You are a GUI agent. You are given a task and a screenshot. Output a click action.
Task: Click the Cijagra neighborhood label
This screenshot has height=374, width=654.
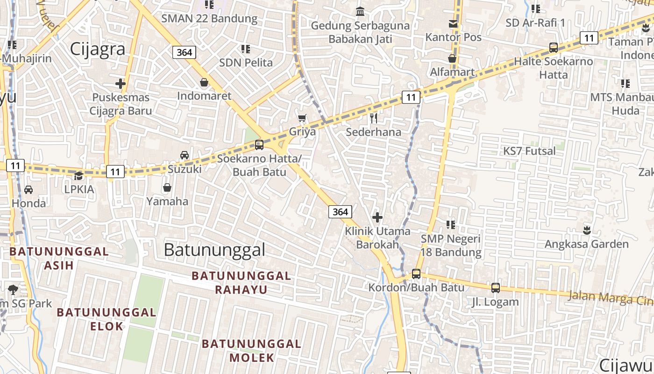click(x=98, y=49)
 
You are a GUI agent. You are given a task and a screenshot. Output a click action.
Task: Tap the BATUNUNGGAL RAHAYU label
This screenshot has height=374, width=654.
click(x=242, y=282)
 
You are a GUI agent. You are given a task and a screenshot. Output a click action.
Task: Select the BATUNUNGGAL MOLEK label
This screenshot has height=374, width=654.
click(x=251, y=351)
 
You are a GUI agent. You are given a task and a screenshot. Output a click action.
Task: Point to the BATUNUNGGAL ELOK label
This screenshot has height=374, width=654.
click(x=107, y=319)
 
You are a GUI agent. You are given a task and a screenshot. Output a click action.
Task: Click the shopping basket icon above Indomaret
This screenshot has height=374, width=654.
click(x=204, y=83)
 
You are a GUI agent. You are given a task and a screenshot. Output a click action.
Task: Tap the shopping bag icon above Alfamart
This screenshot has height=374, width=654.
click(x=452, y=58)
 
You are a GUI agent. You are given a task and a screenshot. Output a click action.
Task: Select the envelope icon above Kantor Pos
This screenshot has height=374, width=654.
click(x=453, y=24)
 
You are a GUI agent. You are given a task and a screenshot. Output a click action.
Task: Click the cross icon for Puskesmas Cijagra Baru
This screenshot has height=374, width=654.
click(x=121, y=84)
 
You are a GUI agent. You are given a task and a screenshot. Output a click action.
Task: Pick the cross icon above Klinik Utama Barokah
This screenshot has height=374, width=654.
click(x=377, y=217)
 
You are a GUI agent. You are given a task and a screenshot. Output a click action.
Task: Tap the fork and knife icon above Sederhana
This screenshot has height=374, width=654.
click(x=373, y=118)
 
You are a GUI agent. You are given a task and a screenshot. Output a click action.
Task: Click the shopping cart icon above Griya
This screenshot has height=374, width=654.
click(x=302, y=118)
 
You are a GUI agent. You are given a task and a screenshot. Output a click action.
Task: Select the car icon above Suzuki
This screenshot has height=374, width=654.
click(x=185, y=155)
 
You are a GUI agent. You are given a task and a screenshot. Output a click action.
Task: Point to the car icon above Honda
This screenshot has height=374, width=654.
click(x=28, y=189)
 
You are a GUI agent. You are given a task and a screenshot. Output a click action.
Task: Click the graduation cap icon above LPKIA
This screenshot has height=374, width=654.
click(x=79, y=176)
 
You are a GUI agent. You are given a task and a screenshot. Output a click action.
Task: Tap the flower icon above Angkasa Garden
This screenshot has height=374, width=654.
click(x=587, y=230)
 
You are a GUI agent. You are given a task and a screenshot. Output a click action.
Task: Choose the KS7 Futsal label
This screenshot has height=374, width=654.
click(x=529, y=151)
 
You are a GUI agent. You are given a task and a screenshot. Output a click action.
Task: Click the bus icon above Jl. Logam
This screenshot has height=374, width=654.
click(x=495, y=288)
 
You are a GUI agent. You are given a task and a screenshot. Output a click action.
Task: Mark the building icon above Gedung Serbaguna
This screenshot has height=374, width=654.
click(x=360, y=11)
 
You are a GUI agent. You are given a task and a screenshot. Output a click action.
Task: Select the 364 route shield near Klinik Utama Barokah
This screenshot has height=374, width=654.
click(x=340, y=212)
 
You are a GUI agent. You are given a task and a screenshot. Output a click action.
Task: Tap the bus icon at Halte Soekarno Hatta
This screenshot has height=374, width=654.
click(x=554, y=47)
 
